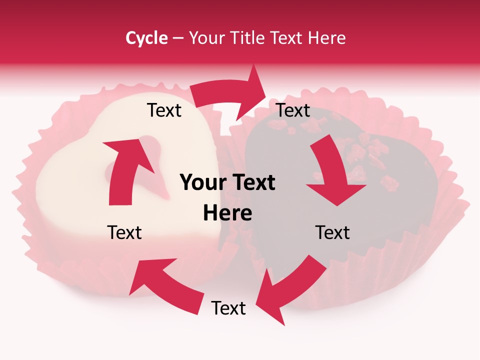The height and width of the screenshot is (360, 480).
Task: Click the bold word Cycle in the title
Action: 146,38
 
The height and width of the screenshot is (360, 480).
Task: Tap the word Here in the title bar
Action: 327,38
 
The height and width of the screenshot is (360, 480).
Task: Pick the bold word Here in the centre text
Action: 227,213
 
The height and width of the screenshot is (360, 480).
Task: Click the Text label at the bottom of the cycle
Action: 228,308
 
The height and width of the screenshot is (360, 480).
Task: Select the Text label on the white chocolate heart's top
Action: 164,110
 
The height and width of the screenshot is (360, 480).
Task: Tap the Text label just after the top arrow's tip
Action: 293,110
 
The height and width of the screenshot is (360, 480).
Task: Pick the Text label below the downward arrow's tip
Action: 332,232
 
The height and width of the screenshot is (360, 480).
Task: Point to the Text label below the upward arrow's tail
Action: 124,232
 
